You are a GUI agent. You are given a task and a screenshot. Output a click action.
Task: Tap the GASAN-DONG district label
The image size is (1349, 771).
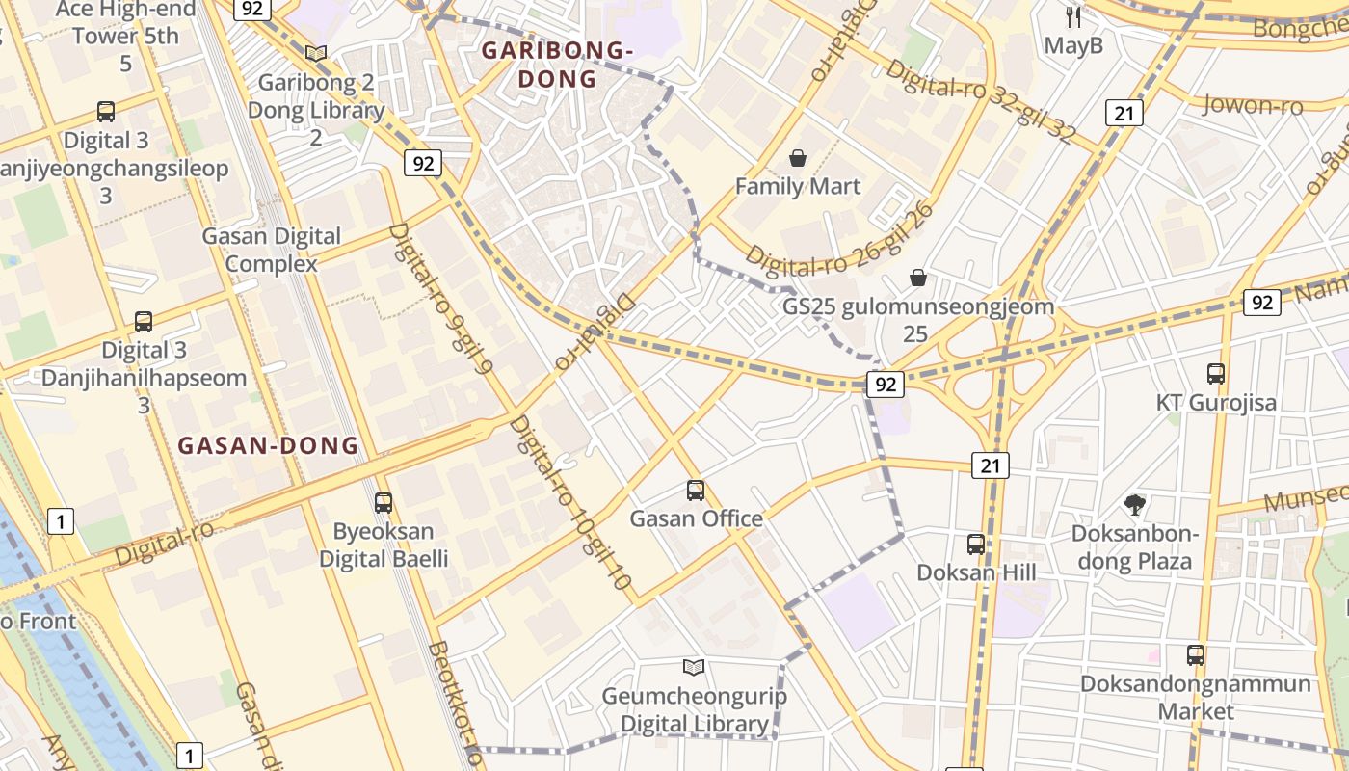click(268, 445)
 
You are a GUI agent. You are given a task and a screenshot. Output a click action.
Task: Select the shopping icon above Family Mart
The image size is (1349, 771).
click(798, 158)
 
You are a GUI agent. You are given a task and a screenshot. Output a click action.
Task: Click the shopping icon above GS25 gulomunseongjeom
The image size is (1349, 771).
click(917, 279)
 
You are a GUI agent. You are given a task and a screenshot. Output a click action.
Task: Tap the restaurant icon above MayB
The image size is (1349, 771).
click(1073, 17)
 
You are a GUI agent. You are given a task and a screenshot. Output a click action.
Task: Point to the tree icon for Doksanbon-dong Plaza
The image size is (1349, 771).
click(1135, 504)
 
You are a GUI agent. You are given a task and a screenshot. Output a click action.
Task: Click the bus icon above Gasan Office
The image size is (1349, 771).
click(696, 491)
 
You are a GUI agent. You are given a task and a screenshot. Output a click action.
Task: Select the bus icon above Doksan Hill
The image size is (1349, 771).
click(976, 545)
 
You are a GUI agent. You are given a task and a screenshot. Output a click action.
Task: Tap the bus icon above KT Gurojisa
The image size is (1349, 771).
click(1216, 374)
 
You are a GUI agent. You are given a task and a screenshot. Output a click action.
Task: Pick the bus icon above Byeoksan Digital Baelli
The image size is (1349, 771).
click(384, 503)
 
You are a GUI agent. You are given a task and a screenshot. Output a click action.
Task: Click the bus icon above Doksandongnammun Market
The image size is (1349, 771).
click(1196, 655)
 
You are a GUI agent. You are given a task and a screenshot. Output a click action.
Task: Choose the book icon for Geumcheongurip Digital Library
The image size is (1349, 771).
click(694, 667)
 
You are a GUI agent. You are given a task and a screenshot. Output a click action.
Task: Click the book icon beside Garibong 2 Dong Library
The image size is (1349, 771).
click(316, 54)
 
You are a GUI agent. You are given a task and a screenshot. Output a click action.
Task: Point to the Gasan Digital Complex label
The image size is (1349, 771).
click(271, 250)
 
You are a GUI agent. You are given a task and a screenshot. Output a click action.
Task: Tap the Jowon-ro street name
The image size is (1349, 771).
click(1253, 104)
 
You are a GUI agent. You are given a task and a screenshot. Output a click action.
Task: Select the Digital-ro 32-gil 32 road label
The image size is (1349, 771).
click(980, 101)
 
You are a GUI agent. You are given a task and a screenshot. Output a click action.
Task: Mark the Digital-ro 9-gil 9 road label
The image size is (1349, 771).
click(442, 299)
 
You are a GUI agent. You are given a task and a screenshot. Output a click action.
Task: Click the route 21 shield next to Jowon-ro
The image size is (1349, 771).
click(1124, 114)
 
